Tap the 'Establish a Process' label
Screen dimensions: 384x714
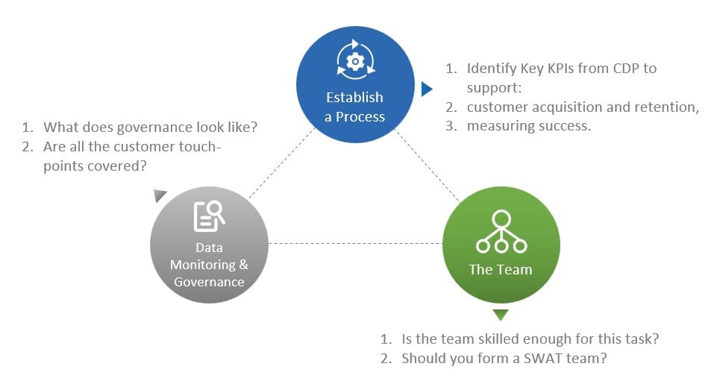pos(355,107)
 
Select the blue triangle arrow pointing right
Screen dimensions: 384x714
pos(426,89)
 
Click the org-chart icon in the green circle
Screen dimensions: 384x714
pos(501,232)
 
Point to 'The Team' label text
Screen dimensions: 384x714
pos(501,269)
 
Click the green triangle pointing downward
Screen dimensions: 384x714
pos(501,315)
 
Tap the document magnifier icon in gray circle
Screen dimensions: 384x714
pos(209,216)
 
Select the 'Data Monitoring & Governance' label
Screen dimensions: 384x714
pos(209,265)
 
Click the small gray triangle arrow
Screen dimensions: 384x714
pos(160,195)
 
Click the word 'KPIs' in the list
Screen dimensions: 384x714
pos(551,69)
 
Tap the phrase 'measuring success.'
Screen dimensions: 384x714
pos(529,126)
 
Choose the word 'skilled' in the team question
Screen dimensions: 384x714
pos(493,339)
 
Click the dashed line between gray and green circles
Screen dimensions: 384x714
pos(355,243)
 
